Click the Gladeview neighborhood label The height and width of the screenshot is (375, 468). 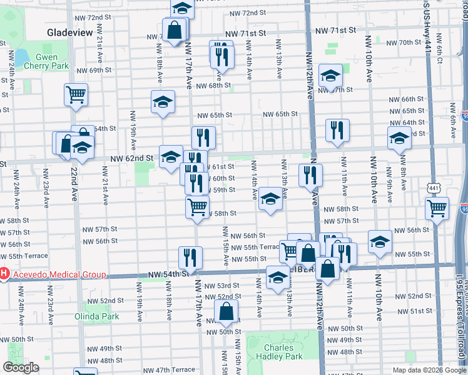coord(70,32)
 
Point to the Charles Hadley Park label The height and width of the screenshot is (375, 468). coord(279,352)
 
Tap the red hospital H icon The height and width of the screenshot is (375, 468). coord(4,274)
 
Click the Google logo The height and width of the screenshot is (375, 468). coord(21,367)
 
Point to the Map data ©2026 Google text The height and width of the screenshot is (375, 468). coord(429,369)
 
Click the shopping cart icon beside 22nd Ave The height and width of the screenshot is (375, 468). coord(76,95)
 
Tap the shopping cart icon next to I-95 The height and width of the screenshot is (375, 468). coord(437,208)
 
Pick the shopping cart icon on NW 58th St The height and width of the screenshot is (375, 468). coord(197,206)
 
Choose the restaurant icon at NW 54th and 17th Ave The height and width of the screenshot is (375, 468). coord(190,257)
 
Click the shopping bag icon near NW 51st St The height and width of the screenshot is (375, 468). coord(226,311)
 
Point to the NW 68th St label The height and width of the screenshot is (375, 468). coord(213,86)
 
